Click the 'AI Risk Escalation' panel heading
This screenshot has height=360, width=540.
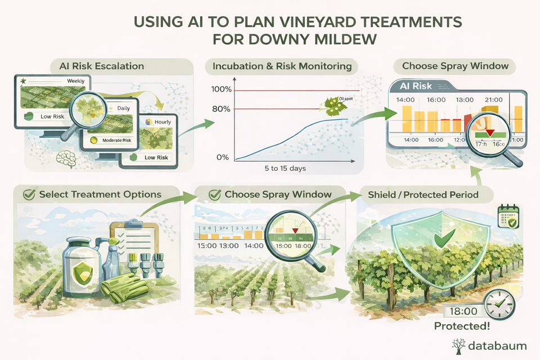[101, 66]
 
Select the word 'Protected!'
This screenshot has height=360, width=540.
[462, 327]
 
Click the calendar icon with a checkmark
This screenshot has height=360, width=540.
[507, 218]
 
